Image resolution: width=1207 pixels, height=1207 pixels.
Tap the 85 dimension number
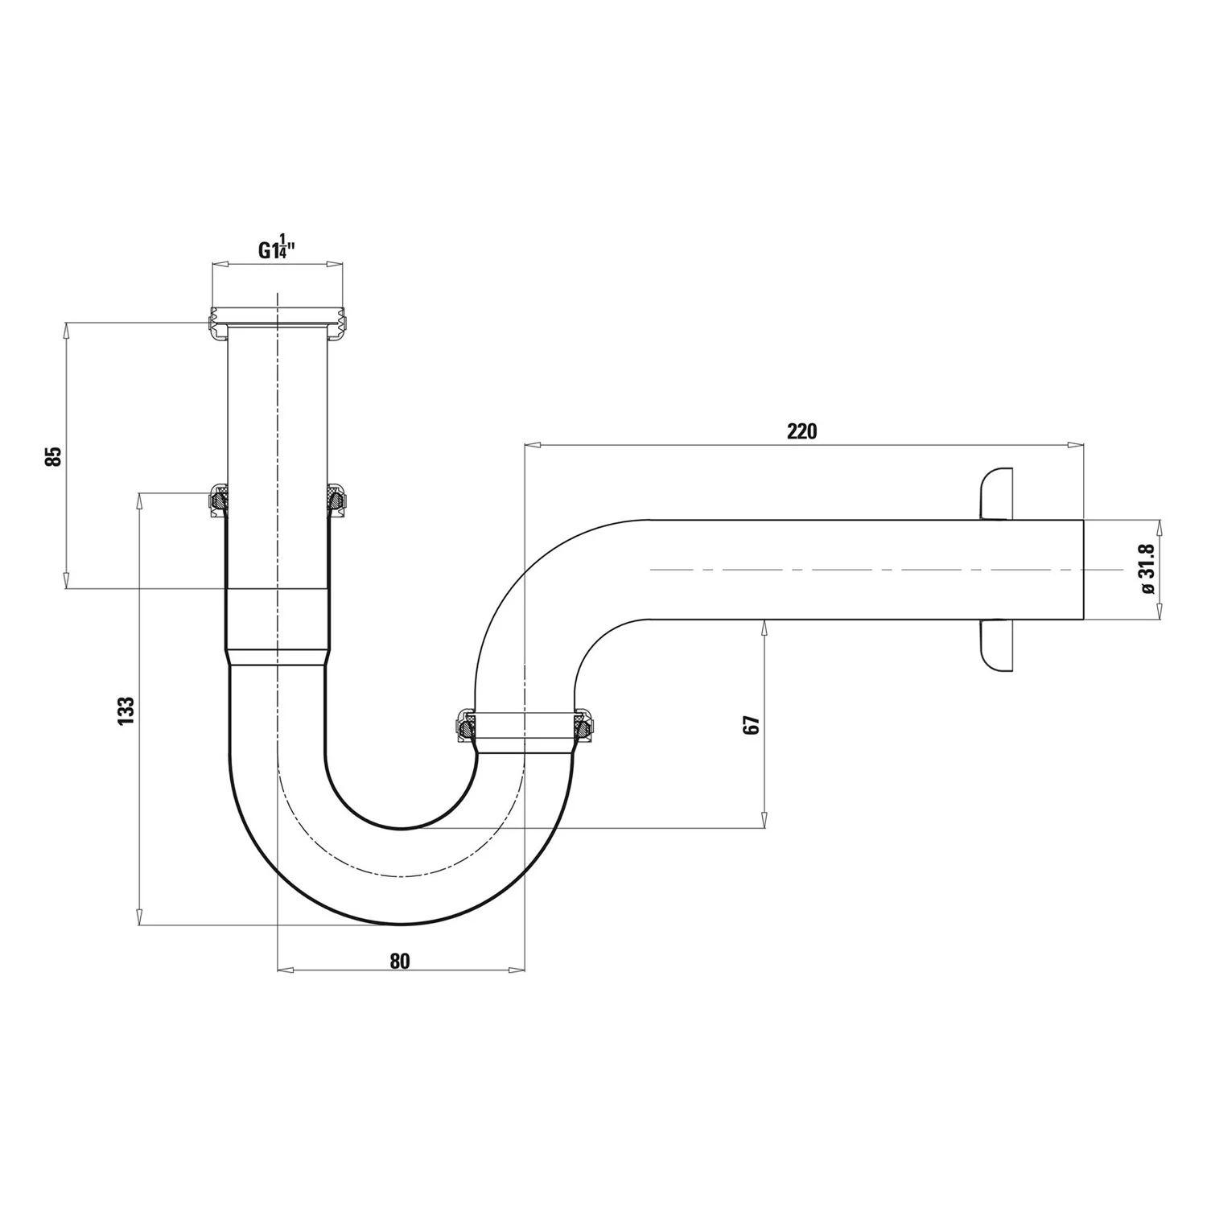point(53,456)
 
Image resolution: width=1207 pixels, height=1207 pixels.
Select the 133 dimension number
point(126,711)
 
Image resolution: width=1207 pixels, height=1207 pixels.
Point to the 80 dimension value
point(400,961)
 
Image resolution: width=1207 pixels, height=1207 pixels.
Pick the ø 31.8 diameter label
point(1147,569)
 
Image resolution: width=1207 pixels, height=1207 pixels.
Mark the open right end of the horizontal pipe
point(1083,570)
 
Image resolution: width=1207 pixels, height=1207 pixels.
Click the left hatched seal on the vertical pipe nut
point(218,501)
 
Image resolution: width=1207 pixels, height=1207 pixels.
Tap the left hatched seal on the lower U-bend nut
point(464,727)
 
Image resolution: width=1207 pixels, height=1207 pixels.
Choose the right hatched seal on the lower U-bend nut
point(586,727)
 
